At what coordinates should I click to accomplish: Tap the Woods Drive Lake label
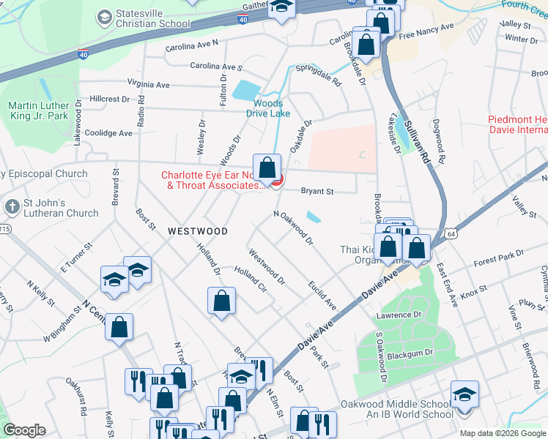pyautogui.click(x=273, y=108)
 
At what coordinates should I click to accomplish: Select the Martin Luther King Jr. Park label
pyautogui.click(x=37, y=110)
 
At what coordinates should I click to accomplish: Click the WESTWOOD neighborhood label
pyautogui.click(x=197, y=230)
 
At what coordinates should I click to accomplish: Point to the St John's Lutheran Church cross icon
pyautogui.click(x=12, y=207)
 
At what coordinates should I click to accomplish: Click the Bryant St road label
pyautogui.click(x=318, y=192)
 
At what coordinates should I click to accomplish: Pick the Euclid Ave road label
pyautogui.click(x=322, y=293)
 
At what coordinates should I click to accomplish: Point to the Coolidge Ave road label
pyautogui.click(x=108, y=133)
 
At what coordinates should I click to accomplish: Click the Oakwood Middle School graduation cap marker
pyautogui.click(x=464, y=395)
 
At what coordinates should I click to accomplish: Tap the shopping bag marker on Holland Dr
pyautogui.click(x=221, y=301)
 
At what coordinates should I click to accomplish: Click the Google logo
pyautogui.click(x=24, y=430)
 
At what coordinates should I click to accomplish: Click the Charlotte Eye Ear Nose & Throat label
pyautogui.click(x=212, y=180)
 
